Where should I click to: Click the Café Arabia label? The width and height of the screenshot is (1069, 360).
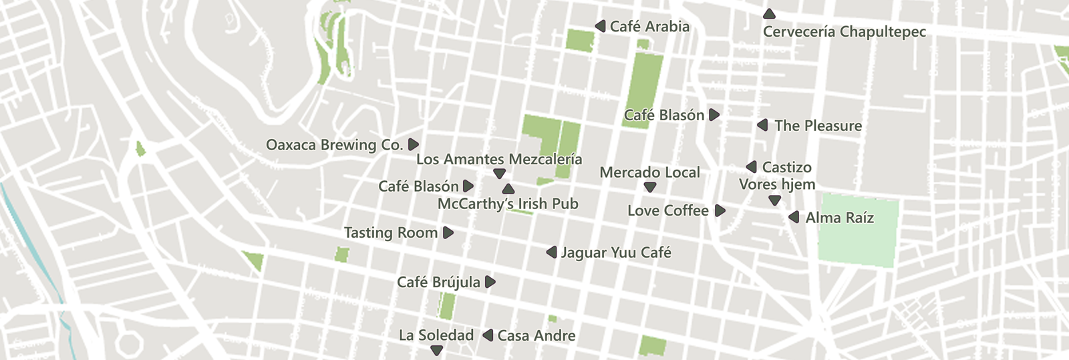point(649,27)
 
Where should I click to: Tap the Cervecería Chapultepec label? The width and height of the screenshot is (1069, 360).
point(845,32)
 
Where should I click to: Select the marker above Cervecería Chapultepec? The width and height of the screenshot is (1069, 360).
point(769,14)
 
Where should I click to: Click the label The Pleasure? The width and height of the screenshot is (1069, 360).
point(818,126)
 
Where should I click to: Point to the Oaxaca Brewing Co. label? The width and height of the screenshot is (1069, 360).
point(334,145)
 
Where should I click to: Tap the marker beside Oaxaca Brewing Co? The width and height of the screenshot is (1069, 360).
point(413,144)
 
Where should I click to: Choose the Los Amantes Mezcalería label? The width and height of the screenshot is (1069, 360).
point(499,159)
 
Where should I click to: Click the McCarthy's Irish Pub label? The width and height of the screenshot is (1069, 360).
point(508,204)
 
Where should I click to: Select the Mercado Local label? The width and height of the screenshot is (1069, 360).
point(649,172)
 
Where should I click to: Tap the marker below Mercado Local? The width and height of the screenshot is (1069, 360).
point(649,188)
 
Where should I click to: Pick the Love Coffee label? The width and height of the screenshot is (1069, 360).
point(667,211)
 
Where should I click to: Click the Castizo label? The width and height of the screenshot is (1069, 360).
point(786,167)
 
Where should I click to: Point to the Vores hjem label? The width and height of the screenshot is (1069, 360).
point(777,184)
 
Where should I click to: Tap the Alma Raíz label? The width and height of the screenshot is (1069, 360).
point(839,218)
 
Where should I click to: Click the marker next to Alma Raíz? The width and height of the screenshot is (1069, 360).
point(794,217)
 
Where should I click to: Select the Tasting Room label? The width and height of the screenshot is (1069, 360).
point(390,232)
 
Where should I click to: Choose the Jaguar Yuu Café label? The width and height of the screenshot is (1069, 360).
point(615,252)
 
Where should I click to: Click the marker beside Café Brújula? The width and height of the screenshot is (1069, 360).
point(490,282)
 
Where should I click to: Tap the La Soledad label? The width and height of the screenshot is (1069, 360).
point(436,335)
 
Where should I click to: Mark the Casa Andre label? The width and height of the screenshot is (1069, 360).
point(536,336)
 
